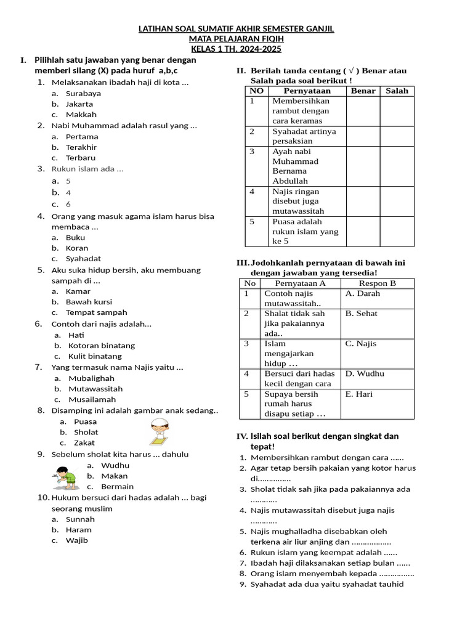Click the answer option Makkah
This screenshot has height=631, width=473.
[81, 115]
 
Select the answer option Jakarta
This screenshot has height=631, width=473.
[79, 104]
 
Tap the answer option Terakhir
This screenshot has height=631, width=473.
[81, 147]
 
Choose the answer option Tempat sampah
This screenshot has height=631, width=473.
[96, 312]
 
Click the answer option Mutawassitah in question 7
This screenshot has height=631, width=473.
[95, 389]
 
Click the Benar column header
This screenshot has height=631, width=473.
[363, 91]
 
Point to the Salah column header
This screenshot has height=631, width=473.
[397, 91]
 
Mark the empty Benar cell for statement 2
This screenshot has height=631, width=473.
[363, 136]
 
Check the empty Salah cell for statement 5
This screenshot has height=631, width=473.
[397, 231]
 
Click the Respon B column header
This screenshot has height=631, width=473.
[377, 283]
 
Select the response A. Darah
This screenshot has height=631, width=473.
[363, 293]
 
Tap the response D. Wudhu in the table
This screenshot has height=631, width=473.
[365, 373]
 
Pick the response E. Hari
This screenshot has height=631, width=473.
[359, 394]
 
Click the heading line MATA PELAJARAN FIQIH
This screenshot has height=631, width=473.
[236, 39]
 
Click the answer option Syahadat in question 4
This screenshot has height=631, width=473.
[83, 259]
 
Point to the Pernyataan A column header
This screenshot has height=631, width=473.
[300, 283]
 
